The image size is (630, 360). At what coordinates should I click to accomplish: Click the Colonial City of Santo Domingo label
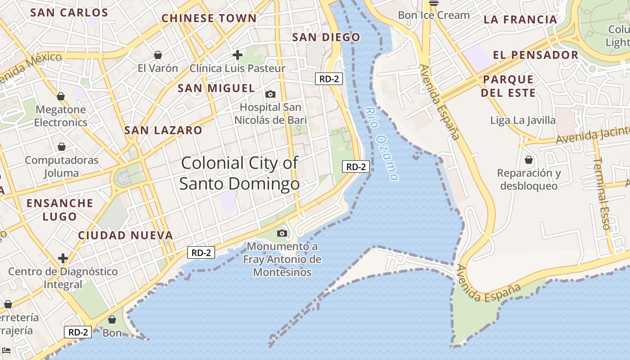point(239,173)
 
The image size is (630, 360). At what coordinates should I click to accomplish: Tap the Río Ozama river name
point(382,144)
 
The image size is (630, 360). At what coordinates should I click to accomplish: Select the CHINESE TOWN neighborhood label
point(209,18)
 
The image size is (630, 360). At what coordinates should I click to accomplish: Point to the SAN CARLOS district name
point(69,13)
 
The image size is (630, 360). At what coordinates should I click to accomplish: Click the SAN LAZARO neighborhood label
point(163,130)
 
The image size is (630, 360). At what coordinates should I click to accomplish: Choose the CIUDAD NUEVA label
point(126,235)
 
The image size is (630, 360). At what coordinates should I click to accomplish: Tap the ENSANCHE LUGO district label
point(60,210)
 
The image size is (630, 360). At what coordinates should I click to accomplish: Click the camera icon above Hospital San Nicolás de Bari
point(270,94)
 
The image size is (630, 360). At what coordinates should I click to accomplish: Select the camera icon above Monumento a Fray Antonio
point(282,233)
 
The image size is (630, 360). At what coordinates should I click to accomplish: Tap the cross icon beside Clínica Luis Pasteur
point(238,55)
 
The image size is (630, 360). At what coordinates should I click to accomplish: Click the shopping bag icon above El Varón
point(158,55)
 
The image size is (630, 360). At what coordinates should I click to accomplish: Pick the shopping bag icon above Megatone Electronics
point(61,96)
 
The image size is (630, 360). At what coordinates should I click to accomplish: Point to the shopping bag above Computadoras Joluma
point(62,147)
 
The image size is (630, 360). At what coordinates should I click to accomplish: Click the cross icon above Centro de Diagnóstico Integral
point(63,258)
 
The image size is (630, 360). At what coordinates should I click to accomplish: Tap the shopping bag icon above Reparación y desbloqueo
point(529,160)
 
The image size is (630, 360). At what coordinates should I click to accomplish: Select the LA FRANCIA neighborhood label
point(521,20)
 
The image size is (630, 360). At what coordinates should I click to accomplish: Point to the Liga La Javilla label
point(523,121)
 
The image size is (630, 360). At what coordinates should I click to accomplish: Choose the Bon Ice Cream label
point(434,15)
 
